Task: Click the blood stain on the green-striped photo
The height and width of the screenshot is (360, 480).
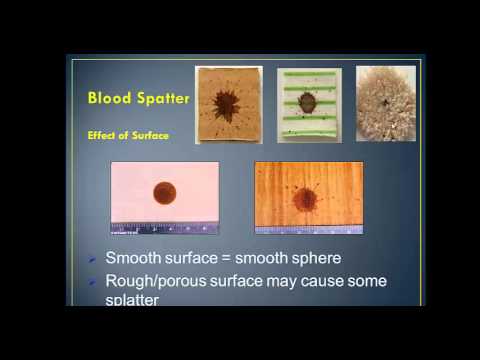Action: pos(308,103)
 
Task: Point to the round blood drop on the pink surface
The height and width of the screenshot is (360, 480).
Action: pos(164,191)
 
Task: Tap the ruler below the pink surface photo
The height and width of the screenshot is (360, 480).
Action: pos(164,226)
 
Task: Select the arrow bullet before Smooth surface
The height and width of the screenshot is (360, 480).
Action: pos(92,258)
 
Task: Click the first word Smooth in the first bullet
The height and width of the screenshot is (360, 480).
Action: pos(132,258)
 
